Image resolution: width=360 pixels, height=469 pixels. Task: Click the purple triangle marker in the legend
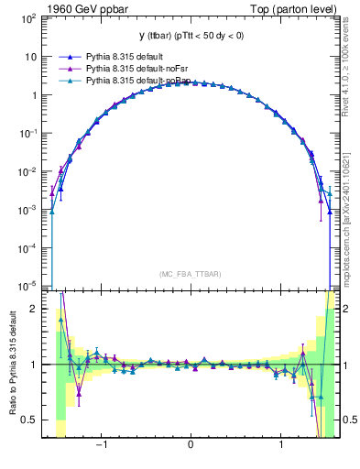[65, 68]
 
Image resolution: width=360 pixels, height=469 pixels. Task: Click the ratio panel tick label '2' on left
[37, 309]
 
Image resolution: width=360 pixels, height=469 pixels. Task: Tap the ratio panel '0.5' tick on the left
[32, 420]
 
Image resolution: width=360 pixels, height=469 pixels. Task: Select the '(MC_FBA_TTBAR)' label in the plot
[191, 274]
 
